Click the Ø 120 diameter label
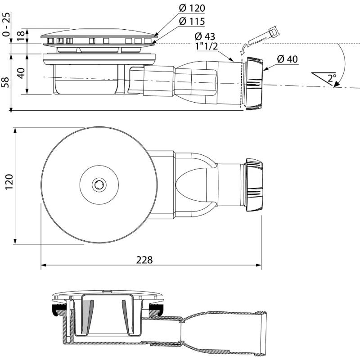tap(192, 8)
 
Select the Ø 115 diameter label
tap(192, 21)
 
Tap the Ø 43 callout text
tap(205, 36)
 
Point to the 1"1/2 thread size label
tap(207, 46)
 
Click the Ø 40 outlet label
tap(288, 59)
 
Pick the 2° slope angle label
tap(332, 78)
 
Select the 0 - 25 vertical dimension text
tap(6, 25)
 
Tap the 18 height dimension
tap(21, 35)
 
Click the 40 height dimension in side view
tap(21, 73)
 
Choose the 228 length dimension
tap(144, 260)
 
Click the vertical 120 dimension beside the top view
tap(9, 182)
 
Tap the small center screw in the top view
tap(99, 184)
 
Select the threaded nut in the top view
tap(254, 184)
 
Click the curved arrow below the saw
tap(243, 49)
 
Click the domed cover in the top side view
tap(99, 33)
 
